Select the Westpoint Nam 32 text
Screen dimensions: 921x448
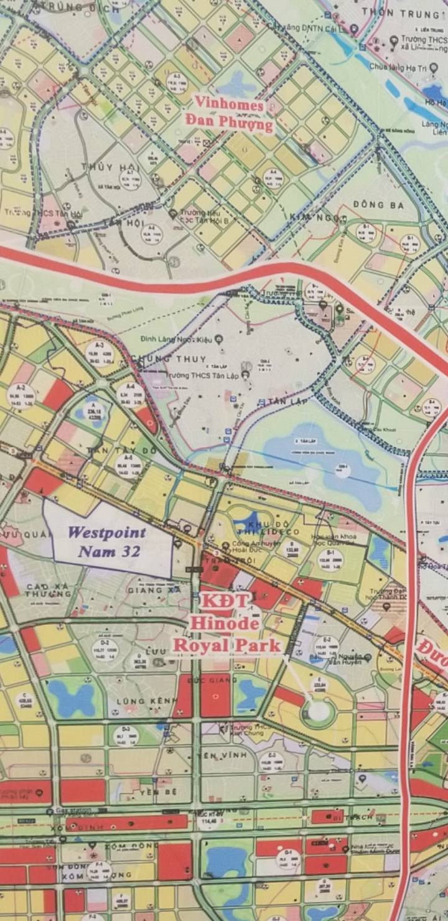[x=107, y=541]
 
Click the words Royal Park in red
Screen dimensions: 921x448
[x=226, y=645]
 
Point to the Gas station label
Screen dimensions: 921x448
[x=73, y=811]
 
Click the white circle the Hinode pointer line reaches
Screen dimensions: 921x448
[x=318, y=710]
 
